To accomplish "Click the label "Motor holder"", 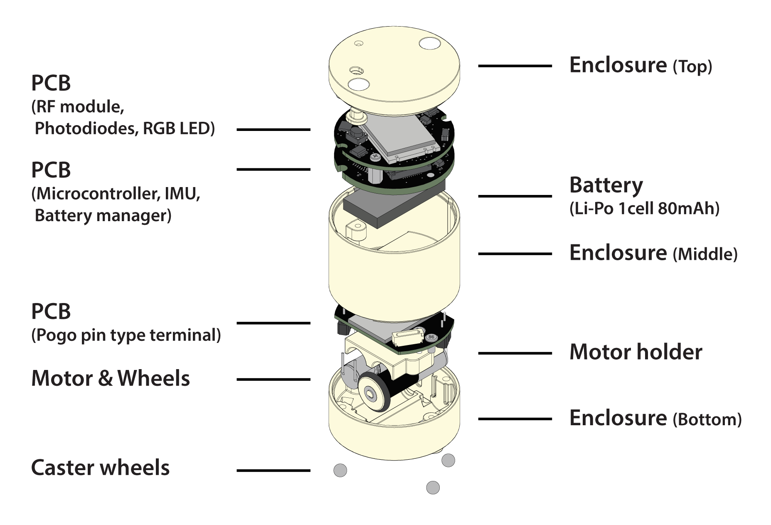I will click(636, 352).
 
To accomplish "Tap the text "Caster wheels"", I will click(100, 468).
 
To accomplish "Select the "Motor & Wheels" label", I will click(111, 378).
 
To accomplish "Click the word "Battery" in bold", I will click(606, 185).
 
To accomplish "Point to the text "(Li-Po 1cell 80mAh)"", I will click(644, 208).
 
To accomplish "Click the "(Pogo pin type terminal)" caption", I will click(126, 335).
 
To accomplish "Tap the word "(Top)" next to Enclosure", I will click(692, 67).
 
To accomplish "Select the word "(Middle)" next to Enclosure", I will click(705, 254).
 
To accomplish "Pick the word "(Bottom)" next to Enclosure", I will click(707, 419).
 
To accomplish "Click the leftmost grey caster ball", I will click(340, 471).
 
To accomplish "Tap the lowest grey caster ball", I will click(433, 488).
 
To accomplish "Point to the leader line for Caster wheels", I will click(273, 471).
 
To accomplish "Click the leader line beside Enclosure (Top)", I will click(515, 66).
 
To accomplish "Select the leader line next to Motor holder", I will click(515, 353).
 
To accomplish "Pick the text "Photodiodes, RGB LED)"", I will click(125, 128).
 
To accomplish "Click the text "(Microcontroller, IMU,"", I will click(116, 194).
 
